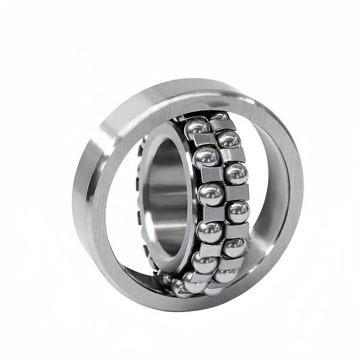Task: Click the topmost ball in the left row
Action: pos(196,127)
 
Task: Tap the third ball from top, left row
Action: pos(210,193)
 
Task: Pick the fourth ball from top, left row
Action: pos(209,231)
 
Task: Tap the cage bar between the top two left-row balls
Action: pos(204,141)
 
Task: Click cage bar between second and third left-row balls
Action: pos(211,175)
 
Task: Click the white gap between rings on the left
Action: pos(123,198)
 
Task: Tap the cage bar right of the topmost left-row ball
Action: pos(221,125)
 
